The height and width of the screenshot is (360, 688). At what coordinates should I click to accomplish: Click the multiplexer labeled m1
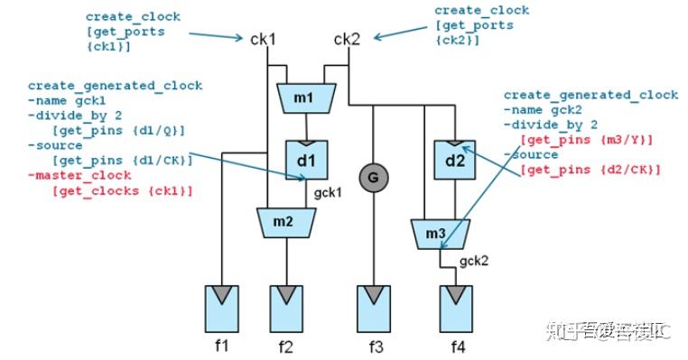[x=306, y=97]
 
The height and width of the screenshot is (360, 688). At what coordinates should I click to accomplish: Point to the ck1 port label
[x=263, y=40]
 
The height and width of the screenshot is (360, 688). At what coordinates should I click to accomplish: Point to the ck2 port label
[x=348, y=39]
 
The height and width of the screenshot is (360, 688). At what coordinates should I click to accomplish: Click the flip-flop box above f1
[x=222, y=306]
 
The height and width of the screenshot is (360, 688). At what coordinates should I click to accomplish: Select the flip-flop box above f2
[x=287, y=306]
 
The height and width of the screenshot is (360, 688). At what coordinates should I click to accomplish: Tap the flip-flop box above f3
[x=373, y=306]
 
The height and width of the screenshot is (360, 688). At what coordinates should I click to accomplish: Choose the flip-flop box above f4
[x=455, y=306]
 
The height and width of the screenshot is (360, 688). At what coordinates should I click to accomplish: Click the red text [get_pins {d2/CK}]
[x=590, y=170]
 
